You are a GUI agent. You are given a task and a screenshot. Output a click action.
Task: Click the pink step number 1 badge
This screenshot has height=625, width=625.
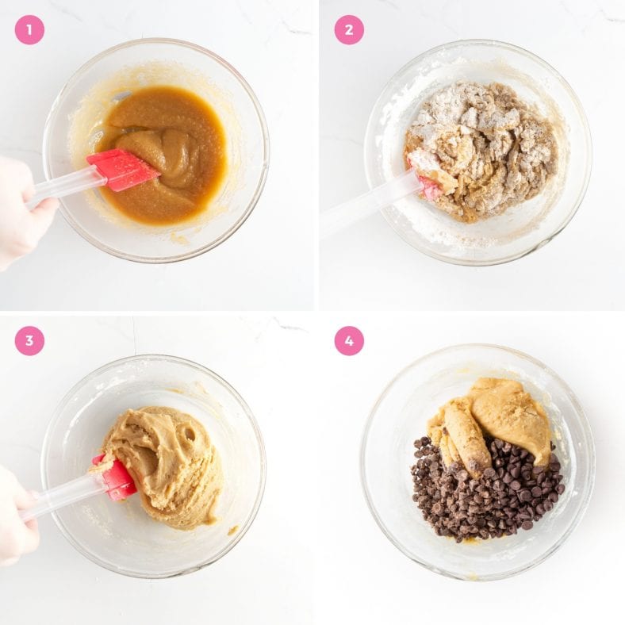click(x=29, y=29)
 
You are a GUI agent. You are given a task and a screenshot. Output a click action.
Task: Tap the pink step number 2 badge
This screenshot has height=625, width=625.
click(x=349, y=29)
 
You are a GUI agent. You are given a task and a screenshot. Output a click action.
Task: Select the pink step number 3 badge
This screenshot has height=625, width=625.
click(x=29, y=340)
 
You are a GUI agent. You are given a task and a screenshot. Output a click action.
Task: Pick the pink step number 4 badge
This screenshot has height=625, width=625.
click(x=349, y=340)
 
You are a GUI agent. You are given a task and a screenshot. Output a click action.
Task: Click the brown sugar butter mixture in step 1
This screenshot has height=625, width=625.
click(x=171, y=151)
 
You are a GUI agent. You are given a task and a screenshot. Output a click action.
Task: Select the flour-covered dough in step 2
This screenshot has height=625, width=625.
click(x=484, y=147)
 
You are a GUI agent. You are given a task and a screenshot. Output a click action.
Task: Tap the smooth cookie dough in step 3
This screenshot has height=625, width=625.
click(x=167, y=468)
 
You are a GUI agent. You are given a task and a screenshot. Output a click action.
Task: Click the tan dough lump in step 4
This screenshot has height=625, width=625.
click(x=508, y=416)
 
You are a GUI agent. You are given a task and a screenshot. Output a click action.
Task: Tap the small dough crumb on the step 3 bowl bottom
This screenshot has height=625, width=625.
click(x=232, y=530)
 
